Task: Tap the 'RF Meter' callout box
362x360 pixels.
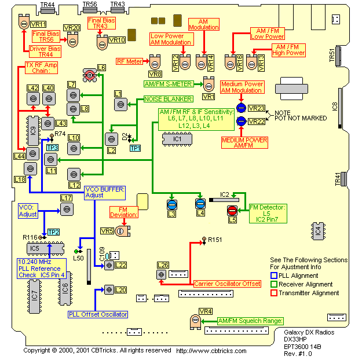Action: point(129,61)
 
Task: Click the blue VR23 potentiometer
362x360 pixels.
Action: point(241,108)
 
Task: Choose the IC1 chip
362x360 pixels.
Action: point(177,139)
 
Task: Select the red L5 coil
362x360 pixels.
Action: point(232,211)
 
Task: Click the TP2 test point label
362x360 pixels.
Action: point(54,232)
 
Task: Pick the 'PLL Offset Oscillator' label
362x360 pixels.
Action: point(98,314)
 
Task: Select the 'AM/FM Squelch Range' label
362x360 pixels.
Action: point(250,321)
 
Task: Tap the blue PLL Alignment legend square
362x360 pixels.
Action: point(275,275)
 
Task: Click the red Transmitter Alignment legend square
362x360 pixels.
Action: point(275,293)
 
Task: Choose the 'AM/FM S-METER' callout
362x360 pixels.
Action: point(171,84)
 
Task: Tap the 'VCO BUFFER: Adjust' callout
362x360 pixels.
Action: point(104,192)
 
